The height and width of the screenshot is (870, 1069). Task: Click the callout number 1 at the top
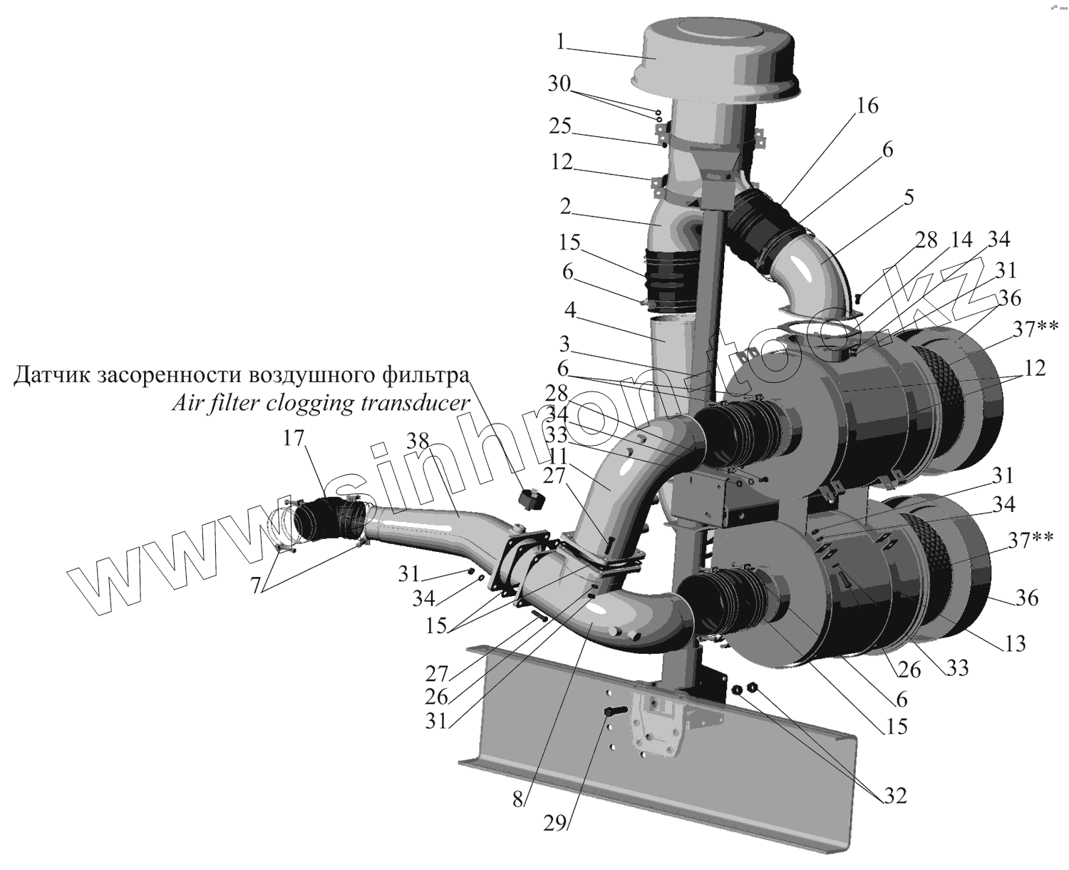[562, 42]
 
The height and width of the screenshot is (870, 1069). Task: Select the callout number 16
[867, 106]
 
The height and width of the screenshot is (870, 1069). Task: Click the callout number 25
[560, 126]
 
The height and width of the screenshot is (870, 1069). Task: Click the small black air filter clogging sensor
[530, 498]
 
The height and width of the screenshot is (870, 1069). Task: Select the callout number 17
[293, 438]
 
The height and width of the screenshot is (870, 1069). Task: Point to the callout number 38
[418, 442]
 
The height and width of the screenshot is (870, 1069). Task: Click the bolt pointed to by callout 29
[614, 712]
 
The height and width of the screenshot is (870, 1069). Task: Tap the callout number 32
[895, 794]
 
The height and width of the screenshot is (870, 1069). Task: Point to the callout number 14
[961, 240]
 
